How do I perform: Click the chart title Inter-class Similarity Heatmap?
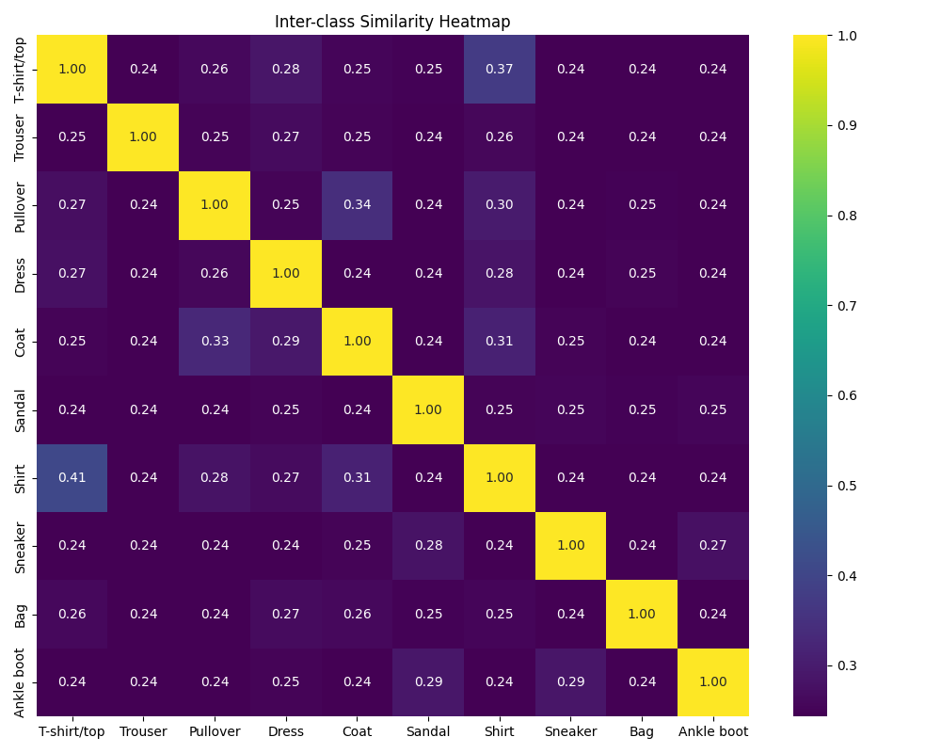[392, 22]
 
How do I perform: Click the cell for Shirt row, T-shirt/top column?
[72, 477]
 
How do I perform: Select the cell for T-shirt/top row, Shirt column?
[500, 69]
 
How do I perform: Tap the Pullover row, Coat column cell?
[358, 205]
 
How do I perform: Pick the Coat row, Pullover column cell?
[215, 341]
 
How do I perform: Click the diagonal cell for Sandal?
[428, 409]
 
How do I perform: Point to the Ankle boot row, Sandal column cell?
[428, 681]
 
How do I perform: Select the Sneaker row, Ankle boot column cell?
[713, 546]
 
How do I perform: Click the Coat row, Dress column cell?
[286, 341]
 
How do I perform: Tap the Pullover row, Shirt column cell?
[500, 205]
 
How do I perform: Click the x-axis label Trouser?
[143, 731]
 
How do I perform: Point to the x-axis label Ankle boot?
[713, 731]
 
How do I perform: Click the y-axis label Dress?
[21, 273]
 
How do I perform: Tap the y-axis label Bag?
[21, 614]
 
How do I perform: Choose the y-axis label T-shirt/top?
[21, 69]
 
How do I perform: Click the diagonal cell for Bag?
[642, 614]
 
